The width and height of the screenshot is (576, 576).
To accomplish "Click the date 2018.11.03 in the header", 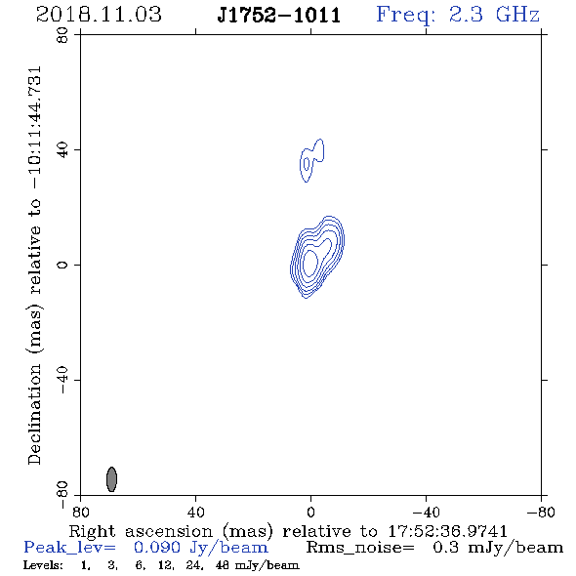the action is pyautogui.click(x=99, y=15).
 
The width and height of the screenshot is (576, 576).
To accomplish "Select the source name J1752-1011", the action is pyautogui.click(x=279, y=15).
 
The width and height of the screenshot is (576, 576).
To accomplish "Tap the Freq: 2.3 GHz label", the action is pyautogui.click(x=458, y=15).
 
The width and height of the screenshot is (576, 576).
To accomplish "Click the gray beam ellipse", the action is pyautogui.click(x=111, y=479).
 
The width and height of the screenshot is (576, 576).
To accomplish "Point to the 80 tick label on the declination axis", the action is pyautogui.click(x=62, y=35).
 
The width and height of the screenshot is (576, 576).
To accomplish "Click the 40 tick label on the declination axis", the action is pyautogui.click(x=62, y=150).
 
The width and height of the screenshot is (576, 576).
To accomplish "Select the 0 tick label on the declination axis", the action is pyautogui.click(x=62, y=265).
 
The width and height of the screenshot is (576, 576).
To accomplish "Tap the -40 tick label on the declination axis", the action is pyautogui.click(x=62, y=380).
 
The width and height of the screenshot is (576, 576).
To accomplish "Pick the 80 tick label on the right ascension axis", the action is pyautogui.click(x=80, y=513).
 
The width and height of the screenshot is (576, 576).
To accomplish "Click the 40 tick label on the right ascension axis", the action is pyautogui.click(x=195, y=513).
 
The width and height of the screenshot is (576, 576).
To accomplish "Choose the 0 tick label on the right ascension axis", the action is pyautogui.click(x=310, y=513).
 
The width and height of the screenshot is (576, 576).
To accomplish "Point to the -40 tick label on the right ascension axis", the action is pyautogui.click(x=426, y=513).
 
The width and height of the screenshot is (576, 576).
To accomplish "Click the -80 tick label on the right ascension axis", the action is pyautogui.click(x=541, y=513).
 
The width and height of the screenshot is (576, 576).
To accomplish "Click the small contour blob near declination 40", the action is pyautogui.click(x=311, y=160).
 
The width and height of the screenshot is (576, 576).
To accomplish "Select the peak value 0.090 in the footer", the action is pyautogui.click(x=157, y=548).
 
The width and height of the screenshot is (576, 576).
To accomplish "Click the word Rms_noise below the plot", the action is pyautogui.click(x=360, y=548).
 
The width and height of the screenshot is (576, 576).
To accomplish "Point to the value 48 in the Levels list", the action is pyautogui.click(x=222, y=565).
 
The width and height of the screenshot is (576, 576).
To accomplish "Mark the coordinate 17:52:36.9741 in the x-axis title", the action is pyautogui.click(x=447, y=531).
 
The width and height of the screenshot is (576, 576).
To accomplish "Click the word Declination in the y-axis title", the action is pyautogui.click(x=34, y=415).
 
